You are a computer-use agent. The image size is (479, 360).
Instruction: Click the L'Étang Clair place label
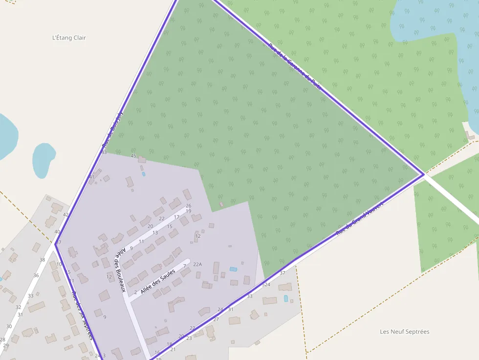tap(69, 38)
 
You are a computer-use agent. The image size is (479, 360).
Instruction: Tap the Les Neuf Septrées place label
tap(405, 332)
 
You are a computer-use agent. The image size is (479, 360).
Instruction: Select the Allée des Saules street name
tap(157, 282)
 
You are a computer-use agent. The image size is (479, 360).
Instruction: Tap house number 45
tap(133, 156)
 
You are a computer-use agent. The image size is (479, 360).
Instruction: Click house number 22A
tap(197, 264)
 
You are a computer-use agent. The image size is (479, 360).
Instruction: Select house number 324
tap(266, 284)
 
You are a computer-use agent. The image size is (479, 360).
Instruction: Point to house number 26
tap(189, 206)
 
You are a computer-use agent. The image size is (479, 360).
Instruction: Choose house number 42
tap(66, 214)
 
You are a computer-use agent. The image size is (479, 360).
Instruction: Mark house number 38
tap(42, 259)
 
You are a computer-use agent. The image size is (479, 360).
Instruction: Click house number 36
tap(36, 275)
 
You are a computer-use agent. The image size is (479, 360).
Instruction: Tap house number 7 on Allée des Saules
tap(184, 266)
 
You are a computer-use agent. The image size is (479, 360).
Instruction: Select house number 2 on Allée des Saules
tap(135, 292)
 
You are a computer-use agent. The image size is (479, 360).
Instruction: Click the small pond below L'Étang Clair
tap(43, 159)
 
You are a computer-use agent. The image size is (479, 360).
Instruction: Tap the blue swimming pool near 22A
tap(233, 269)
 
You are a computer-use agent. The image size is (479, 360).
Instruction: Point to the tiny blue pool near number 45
tap(143, 174)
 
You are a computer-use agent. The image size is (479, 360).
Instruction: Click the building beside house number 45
tap(142, 159)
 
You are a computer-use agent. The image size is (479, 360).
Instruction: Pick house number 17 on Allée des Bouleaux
tap(176, 217)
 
